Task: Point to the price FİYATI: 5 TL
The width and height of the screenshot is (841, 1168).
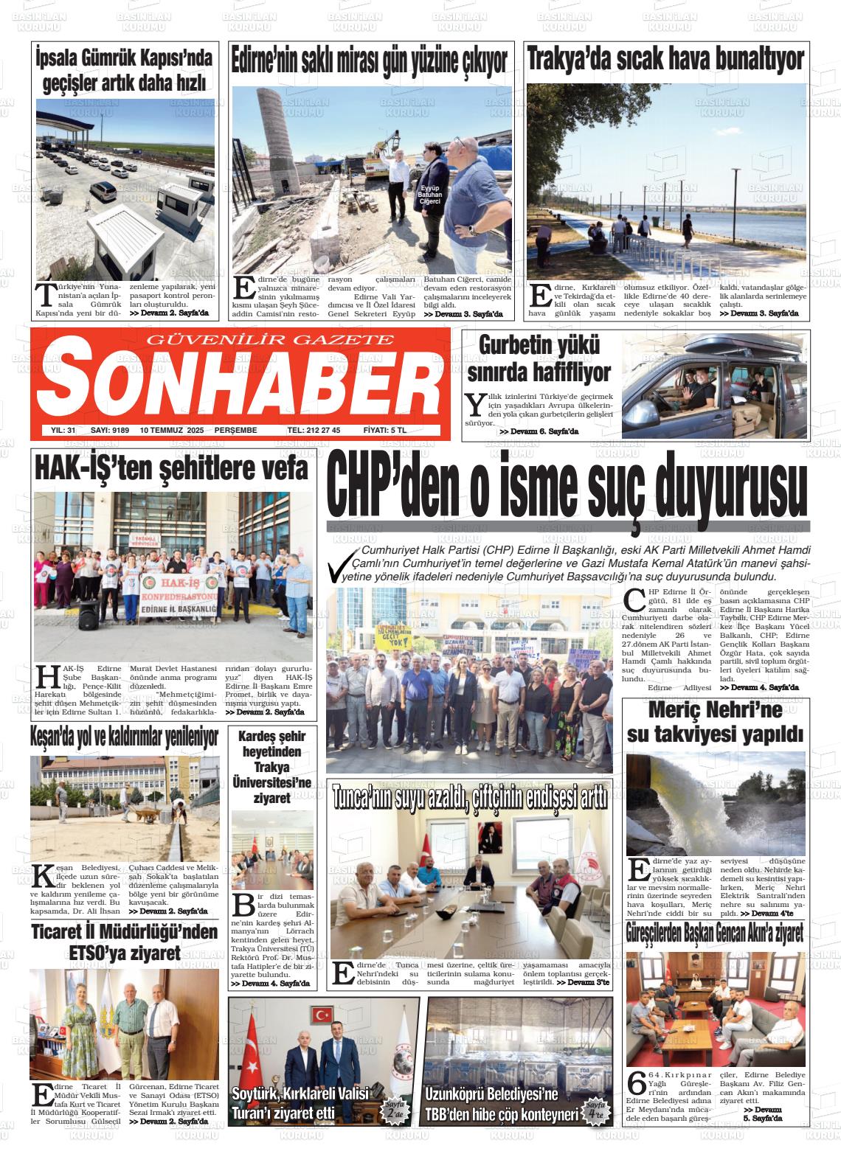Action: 384,430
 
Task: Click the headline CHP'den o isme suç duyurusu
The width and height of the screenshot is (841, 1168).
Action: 567,486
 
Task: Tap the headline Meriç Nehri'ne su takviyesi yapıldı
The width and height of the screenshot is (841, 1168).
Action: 714,722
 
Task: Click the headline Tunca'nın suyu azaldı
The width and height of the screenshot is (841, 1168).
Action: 470,798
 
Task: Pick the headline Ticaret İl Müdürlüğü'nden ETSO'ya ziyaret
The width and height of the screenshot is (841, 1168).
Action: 125,942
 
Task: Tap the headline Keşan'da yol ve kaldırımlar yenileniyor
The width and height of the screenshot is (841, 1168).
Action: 125,735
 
